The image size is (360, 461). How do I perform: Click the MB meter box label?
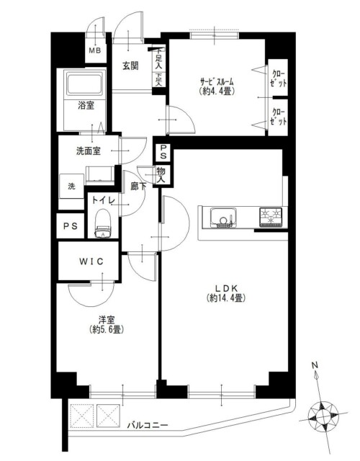[95, 50]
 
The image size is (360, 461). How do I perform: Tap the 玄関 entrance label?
[130, 66]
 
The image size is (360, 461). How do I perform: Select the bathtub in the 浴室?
[85, 84]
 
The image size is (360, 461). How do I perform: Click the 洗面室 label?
[88, 151]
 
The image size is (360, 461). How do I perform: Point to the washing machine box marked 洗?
[71, 187]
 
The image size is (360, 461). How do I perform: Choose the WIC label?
[91, 261]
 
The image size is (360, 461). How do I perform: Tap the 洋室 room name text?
[107, 320]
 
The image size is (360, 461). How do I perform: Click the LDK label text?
[226, 288]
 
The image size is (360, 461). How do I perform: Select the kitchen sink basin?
[223, 218]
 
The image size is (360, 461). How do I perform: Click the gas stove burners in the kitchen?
[271, 218]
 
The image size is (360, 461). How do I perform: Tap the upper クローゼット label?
[278, 79]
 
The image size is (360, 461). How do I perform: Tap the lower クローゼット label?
[278, 117]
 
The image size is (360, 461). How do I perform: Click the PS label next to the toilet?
[71, 226]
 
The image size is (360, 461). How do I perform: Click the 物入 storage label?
[161, 175]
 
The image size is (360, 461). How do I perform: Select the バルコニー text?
[148, 425]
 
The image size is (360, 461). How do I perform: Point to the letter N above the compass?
[315, 365]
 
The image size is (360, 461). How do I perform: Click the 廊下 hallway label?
[138, 186]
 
